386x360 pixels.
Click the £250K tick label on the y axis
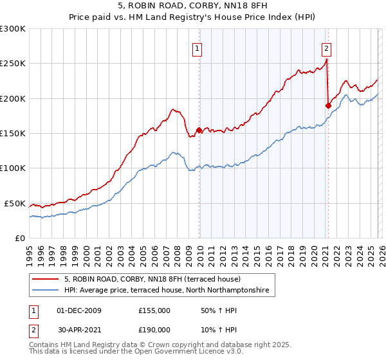(x=13, y=64)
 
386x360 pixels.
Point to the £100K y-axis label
(x=13, y=168)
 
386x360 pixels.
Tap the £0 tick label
(x=21, y=238)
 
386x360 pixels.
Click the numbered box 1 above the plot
(x=197, y=48)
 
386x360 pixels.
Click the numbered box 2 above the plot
(x=327, y=48)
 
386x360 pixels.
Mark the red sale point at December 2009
(x=199, y=130)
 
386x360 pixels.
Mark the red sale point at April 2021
(x=328, y=105)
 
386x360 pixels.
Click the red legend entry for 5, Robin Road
(x=152, y=280)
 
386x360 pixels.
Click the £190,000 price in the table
(x=154, y=328)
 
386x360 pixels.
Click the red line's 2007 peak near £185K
(x=172, y=109)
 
